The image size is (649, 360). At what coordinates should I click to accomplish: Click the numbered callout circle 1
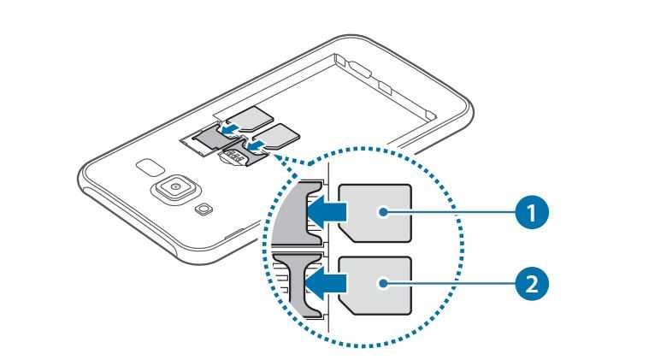532,212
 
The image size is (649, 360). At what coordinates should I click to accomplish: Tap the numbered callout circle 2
532,283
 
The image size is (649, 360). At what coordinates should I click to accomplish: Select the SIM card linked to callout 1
375,213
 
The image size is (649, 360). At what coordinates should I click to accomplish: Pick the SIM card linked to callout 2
375,285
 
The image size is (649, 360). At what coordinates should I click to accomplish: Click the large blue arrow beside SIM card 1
327,212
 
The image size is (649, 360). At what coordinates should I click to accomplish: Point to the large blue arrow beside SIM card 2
327,284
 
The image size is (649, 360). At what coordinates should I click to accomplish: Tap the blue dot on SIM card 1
384,212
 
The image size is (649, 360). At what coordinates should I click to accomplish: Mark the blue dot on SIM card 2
384,283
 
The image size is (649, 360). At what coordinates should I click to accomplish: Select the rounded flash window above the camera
150,167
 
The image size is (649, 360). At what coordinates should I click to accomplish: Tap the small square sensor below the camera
204,210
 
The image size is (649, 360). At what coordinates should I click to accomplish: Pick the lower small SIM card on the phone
275,136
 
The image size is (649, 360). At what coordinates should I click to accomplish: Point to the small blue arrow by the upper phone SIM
231,130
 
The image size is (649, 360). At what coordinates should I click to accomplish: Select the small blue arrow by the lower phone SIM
254,145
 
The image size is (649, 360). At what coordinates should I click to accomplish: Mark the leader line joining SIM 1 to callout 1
450,212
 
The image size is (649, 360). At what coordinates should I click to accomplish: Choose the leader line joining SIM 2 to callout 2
450,283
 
